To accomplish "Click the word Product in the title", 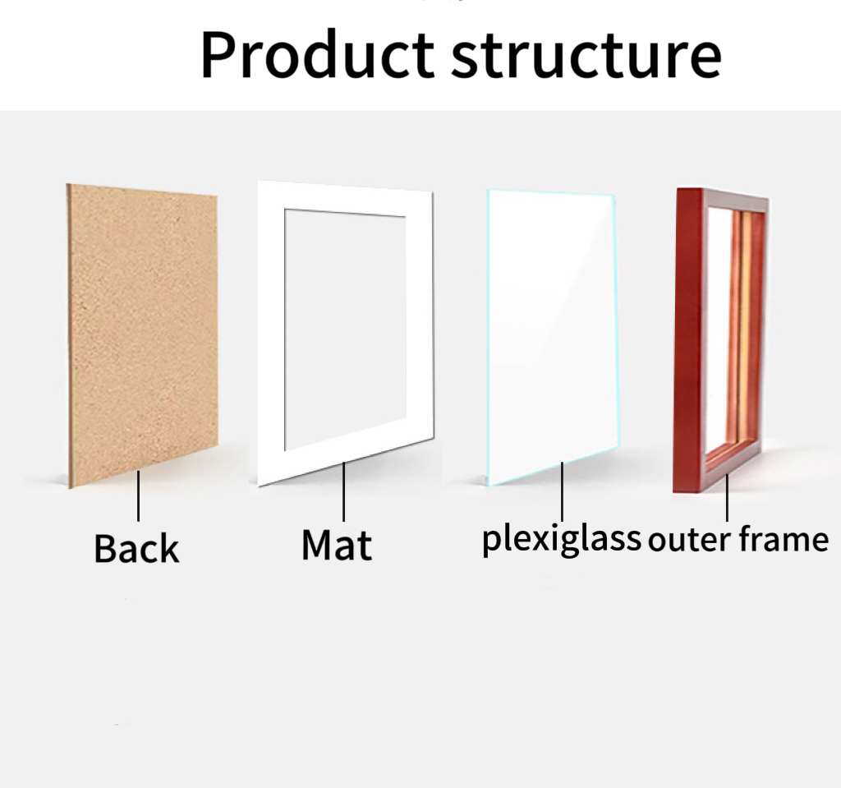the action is click(317, 55).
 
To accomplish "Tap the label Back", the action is click(136, 548).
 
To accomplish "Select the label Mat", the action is click(336, 544).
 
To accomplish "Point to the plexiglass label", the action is click(562, 539).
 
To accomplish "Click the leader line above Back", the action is click(138, 495).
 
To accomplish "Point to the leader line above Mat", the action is click(344, 491).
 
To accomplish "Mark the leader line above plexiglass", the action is click(562, 491).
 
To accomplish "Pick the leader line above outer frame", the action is click(728, 498).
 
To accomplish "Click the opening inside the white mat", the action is click(345, 329).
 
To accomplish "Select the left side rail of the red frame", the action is click(689, 340).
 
